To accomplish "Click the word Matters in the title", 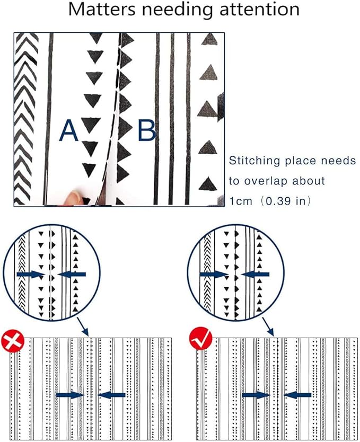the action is [x=102, y=10].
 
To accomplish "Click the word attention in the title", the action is [x=260, y=10].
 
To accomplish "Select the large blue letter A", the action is [x=68, y=130].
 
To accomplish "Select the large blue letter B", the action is [x=147, y=130].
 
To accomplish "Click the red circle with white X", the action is [x=13, y=341].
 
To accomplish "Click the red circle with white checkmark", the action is [x=201, y=339].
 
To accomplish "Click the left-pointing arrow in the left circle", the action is [x=72, y=275].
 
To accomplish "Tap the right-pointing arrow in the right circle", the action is [x=214, y=275].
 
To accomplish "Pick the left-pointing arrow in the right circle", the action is [x=255, y=275].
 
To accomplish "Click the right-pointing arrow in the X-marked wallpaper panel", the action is [x=71, y=395].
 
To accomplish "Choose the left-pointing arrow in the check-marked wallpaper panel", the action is [x=297, y=395].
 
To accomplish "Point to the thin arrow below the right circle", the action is [x=268, y=327].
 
